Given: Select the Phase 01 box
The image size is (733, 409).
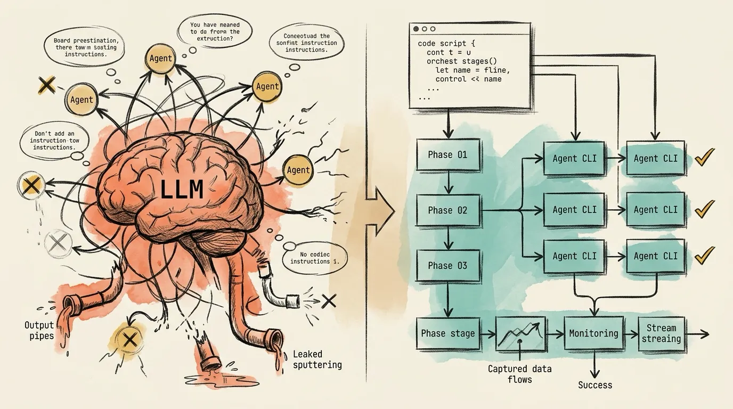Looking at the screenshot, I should coord(447,155).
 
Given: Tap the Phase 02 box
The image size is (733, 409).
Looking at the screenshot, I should coord(447,210).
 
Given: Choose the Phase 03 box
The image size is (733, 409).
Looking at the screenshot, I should coord(447,265).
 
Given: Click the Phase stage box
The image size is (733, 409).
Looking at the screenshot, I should coord(447,333).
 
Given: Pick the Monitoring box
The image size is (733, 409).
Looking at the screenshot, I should coord(593,333).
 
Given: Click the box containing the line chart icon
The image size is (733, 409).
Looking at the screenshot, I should coord(520,334).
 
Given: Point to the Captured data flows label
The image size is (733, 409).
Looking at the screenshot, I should coord(519,374).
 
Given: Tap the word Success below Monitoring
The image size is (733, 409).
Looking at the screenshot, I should coord(595,385).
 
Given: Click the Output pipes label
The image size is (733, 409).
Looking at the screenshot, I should coord(39,330).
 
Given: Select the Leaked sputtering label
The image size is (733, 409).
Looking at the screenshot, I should coord(317,359).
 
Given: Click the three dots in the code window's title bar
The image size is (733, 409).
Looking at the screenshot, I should coord(425,29).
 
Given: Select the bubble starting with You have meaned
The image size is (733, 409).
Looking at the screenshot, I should coord(215,31).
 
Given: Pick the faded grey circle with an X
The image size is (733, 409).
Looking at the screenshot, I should coord(56,243).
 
